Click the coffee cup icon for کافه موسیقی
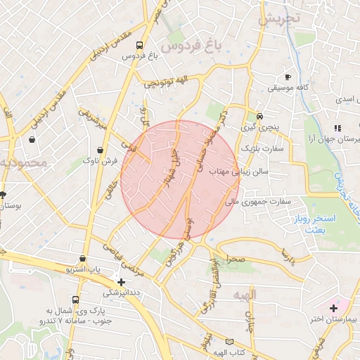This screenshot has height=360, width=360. point(288,77)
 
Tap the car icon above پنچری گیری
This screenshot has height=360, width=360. point(259,116)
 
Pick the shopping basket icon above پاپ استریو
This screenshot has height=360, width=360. point(83,258)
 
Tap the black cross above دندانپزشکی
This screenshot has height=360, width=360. point(122,281)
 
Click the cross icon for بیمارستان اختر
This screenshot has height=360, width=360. point(333,309)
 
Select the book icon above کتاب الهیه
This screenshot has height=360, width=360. point(229,342)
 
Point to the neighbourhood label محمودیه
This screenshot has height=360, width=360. point(23,163)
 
